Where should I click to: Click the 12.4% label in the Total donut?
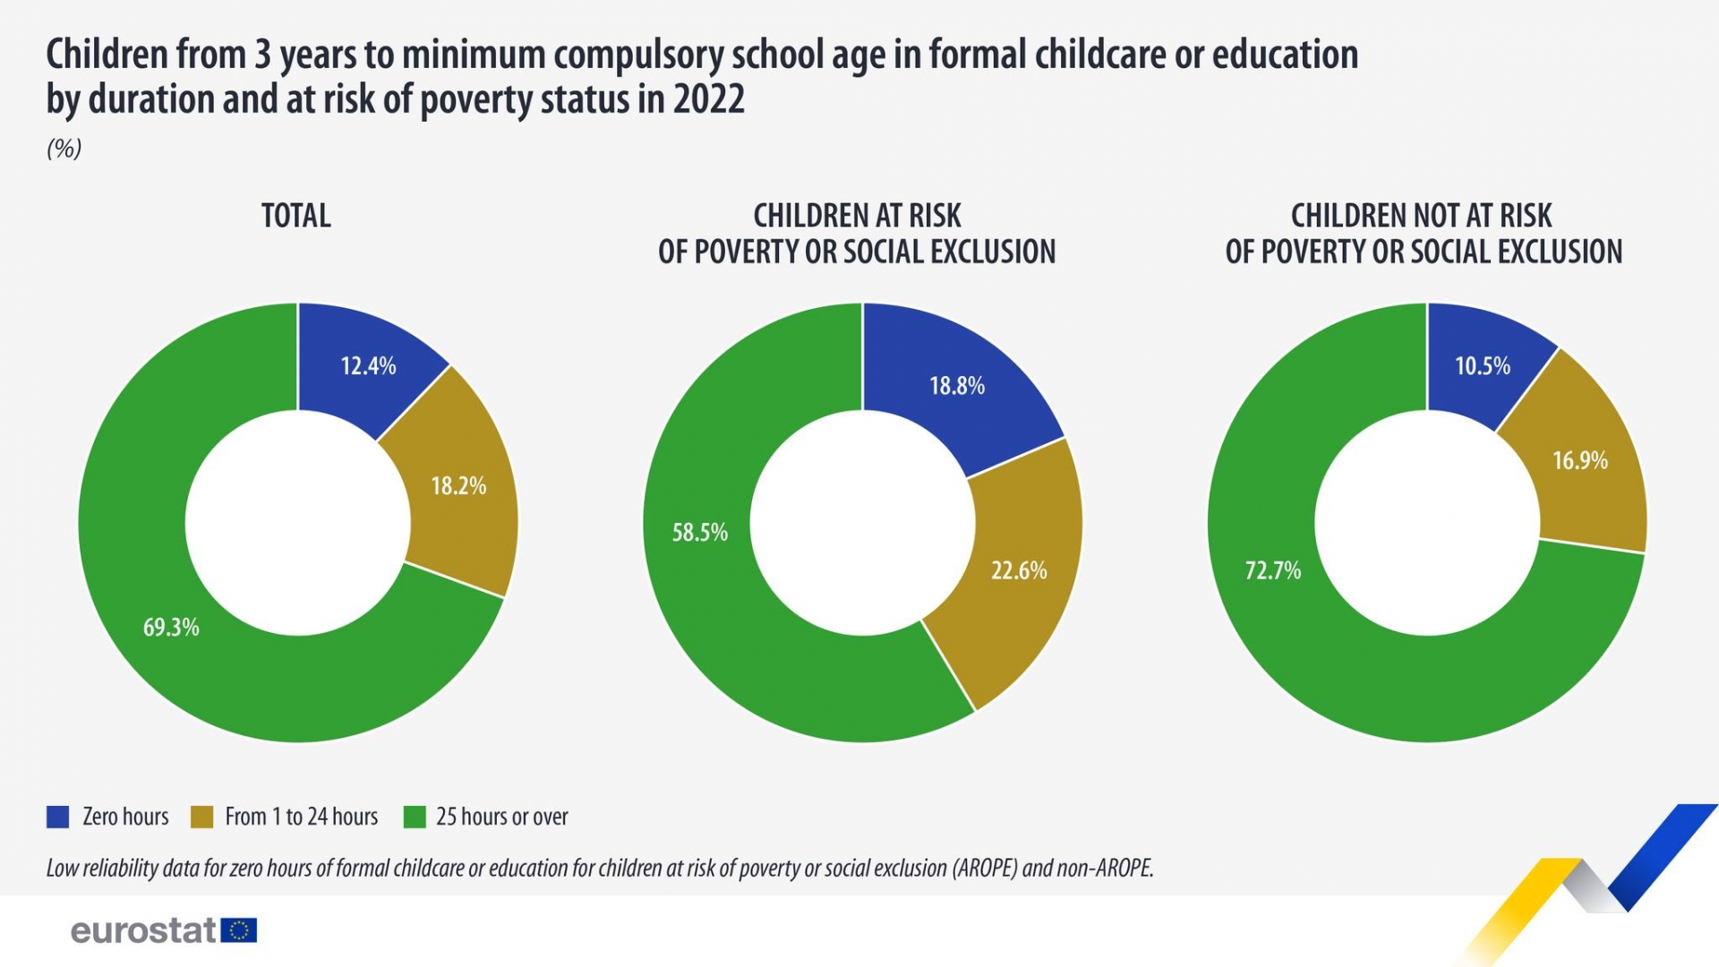[x=368, y=365]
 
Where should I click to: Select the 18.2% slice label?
[x=458, y=486]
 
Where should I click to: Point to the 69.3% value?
[x=171, y=627]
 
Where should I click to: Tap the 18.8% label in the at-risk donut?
[x=956, y=386]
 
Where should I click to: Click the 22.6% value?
[x=1018, y=570]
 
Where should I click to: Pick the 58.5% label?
[x=699, y=533]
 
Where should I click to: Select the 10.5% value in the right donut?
[x=1482, y=365]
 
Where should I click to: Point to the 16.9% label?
[x=1579, y=460]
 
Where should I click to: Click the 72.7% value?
[x=1272, y=570]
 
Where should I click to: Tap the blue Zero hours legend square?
[x=58, y=817]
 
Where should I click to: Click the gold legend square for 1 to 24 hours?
[x=202, y=817]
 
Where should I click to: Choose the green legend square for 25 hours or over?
[x=415, y=817]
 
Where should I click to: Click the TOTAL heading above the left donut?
[x=296, y=216]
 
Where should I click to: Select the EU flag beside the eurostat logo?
[x=239, y=930]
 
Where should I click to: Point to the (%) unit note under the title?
[x=64, y=149]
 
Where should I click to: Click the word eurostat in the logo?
[x=143, y=930]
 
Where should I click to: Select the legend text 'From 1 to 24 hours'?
[x=301, y=817]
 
